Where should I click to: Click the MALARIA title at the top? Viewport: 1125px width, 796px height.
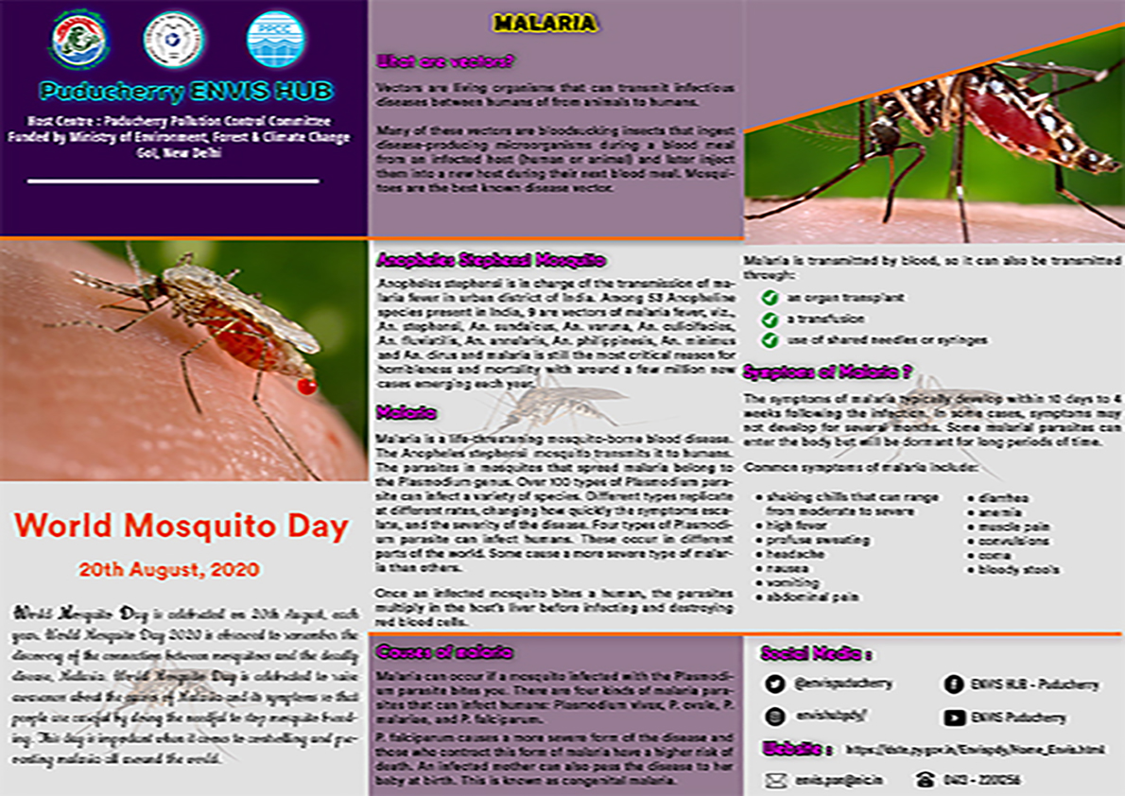click(558, 23)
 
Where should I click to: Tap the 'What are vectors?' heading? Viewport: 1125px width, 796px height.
click(444, 62)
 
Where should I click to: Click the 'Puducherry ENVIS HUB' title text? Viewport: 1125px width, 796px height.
click(185, 91)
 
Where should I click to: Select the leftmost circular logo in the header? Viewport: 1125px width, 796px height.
click(80, 40)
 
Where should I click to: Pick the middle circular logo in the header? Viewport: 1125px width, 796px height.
click(173, 40)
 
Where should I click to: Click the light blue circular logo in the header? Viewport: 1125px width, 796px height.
click(275, 39)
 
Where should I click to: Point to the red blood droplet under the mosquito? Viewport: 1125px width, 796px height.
click(305, 386)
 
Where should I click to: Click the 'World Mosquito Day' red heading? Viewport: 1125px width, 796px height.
click(182, 526)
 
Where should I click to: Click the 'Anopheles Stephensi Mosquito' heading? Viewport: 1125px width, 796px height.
click(491, 260)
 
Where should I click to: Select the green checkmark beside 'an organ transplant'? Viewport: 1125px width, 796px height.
click(770, 298)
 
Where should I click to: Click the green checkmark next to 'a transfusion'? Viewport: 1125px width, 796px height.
click(770, 319)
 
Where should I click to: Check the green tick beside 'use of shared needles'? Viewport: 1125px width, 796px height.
click(770, 339)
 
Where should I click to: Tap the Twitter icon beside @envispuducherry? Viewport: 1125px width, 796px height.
click(775, 684)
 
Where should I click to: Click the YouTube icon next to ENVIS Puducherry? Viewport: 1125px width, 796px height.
click(953, 718)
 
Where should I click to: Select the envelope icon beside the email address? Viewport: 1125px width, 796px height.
click(775, 781)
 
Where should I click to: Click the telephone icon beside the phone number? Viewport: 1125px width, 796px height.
click(924, 781)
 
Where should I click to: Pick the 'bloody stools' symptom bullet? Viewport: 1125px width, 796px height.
click(1018, 570)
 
